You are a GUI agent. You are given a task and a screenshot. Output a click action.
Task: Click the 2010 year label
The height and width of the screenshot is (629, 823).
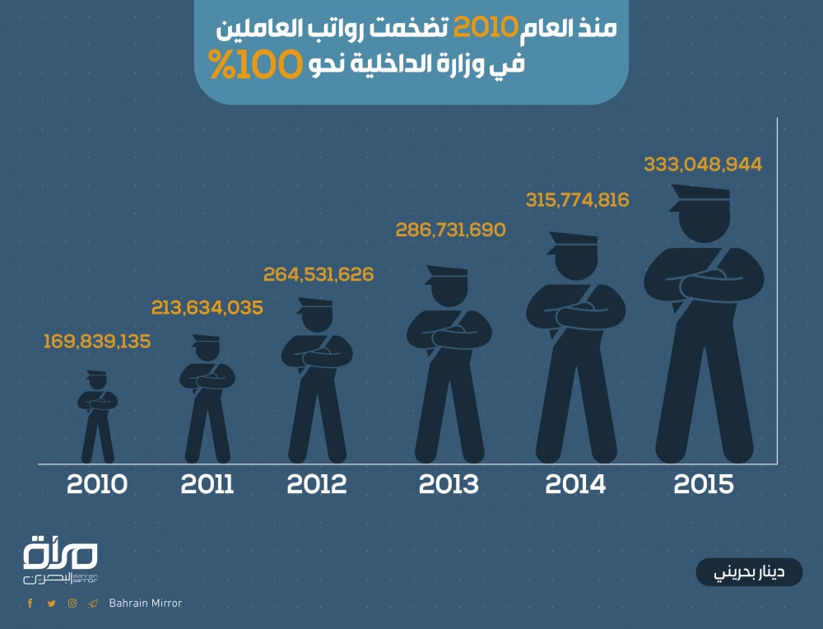(x=97, y=484)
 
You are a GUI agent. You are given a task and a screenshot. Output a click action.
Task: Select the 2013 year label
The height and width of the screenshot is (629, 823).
(x=449, y=484)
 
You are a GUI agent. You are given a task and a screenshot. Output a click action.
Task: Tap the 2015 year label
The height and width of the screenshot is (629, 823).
(x=704, y=484)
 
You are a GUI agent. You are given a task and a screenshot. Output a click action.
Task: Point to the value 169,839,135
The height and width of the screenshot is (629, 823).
(x=97, y=341)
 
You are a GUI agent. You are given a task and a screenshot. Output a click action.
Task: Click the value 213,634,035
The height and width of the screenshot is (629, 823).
(x=207, y=308)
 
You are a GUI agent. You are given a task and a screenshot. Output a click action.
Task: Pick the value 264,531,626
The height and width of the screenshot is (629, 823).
(x=319, y=274)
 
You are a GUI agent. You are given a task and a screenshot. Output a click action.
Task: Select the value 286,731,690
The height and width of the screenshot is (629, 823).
(x=450, y=230)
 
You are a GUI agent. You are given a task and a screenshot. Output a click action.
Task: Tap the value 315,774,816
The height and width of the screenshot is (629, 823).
(x=577, y=200)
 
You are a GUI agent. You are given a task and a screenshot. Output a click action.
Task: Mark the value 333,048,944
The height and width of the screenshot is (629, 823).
(x=703, y=165)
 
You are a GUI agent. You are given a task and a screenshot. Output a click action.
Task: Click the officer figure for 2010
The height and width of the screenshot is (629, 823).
(x=98, y=416)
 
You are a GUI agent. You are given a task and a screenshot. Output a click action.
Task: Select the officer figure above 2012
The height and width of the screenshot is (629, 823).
(x=317, y=379)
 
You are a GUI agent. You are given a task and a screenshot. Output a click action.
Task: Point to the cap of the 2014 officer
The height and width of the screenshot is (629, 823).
(x=573, y=240)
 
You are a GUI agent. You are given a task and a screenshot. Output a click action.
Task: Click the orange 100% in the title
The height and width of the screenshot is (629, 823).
(x=247, y=65)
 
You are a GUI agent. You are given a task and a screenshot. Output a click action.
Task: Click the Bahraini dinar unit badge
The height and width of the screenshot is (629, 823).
(x=749, y=572)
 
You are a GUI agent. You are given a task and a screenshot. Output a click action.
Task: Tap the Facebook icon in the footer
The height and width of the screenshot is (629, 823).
(x=30, y=603)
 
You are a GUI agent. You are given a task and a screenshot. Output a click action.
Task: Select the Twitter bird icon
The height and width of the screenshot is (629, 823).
(x=52, y=603)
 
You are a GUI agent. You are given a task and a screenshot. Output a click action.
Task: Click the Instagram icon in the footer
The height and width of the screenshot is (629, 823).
(x=72, y=603)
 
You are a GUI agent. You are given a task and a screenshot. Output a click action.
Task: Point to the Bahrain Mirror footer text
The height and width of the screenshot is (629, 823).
(x=145, y=603)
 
